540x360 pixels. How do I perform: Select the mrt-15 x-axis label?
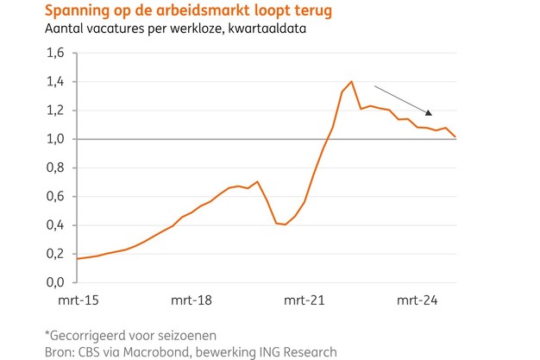76,301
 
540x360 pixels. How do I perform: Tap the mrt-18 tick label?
192,301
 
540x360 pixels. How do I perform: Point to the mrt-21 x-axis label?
305,301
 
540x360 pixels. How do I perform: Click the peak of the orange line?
351,81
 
